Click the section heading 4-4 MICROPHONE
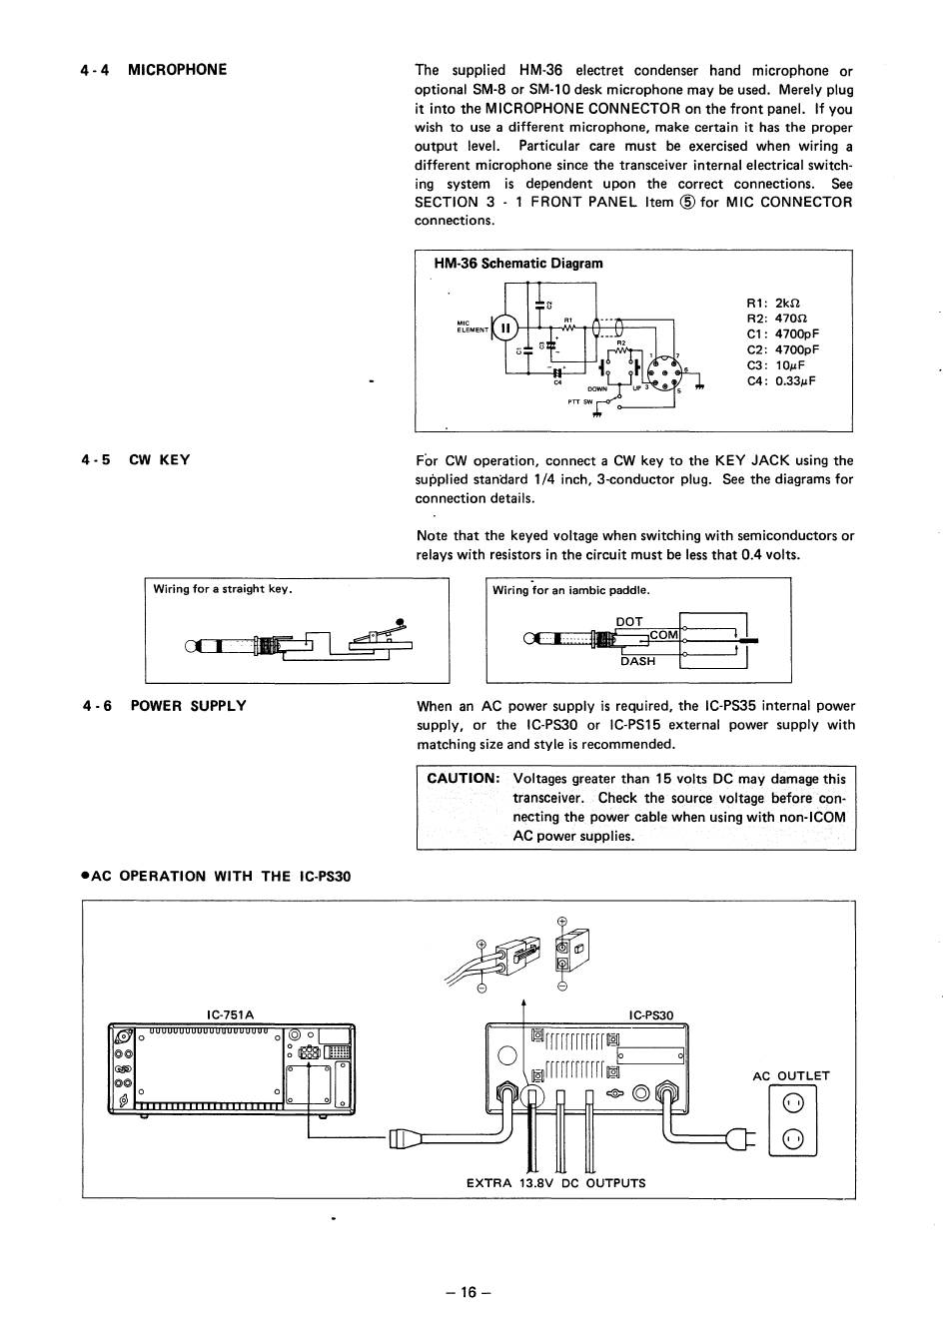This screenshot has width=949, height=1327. [x=154, y=70]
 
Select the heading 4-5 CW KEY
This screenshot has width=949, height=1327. [x=136, y=460]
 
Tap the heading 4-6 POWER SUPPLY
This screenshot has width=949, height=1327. [x=164, y=706]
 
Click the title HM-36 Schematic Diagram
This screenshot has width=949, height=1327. [x=517, y=264]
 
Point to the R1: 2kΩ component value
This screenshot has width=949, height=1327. [x=773, y=304]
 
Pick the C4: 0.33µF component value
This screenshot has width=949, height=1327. [x=781, y=380]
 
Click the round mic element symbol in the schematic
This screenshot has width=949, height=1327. [x=505, y=328]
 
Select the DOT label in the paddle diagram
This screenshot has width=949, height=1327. [x=629, y=621]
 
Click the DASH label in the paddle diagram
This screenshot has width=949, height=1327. [x=637, y=661]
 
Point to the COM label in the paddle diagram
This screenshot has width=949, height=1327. [x=663, y=635]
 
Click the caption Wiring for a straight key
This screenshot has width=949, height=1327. [x=222, y=589]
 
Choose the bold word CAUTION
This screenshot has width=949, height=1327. [x=462, y=779]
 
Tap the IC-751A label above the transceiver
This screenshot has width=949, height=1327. [x=231, y=1014]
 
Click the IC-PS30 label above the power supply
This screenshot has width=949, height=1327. [x=651, y=1014]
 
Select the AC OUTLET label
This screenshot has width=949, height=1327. [x=791, y=1075]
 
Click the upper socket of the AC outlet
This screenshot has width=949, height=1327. [x=793, y=1103]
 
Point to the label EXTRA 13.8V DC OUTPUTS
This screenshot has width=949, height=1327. [x=555, y=1183]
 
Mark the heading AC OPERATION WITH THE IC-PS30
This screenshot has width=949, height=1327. [x=217, y=877]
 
